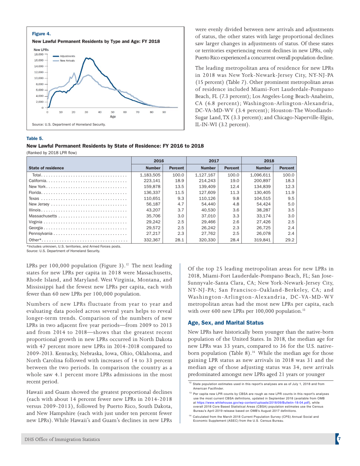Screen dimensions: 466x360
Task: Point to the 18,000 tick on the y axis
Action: pyautogui.click(x=39, y=55)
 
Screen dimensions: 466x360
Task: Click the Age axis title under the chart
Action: pyautogui.click(x=113, y=117)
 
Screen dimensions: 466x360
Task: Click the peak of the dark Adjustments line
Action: pyautogui.click(x=88, y=58)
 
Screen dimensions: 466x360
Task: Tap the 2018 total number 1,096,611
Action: pyautogui.click(x=261, y=175)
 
